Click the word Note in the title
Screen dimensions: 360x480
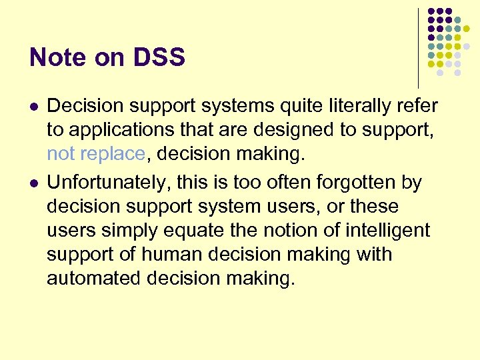(58, 58)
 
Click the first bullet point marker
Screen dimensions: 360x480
(33, 106)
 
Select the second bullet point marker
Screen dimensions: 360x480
(33, 183)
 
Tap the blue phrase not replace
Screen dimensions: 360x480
(95, 154)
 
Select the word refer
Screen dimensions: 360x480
(417, 105)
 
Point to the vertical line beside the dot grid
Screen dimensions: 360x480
(418, 47)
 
